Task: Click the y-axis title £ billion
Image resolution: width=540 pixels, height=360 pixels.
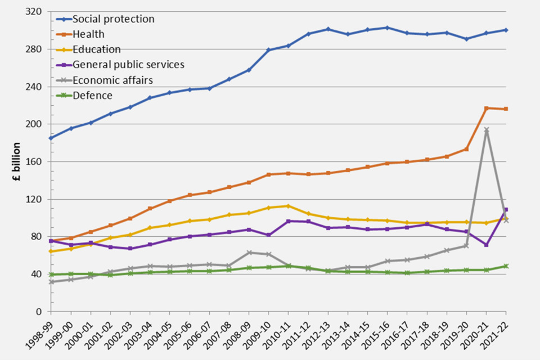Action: click(x=17, y=161)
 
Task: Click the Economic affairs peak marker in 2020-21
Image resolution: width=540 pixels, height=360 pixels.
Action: click(x=487, y=130)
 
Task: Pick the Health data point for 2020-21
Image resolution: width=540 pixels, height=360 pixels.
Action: click(x=487, y=108)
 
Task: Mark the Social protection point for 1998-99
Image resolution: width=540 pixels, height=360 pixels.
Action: click(x=51, y=138)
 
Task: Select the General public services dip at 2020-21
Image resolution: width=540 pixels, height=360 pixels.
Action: click(x=487, y=245)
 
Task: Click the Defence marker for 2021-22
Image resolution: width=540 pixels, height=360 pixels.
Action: click(x=506, y=266)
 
